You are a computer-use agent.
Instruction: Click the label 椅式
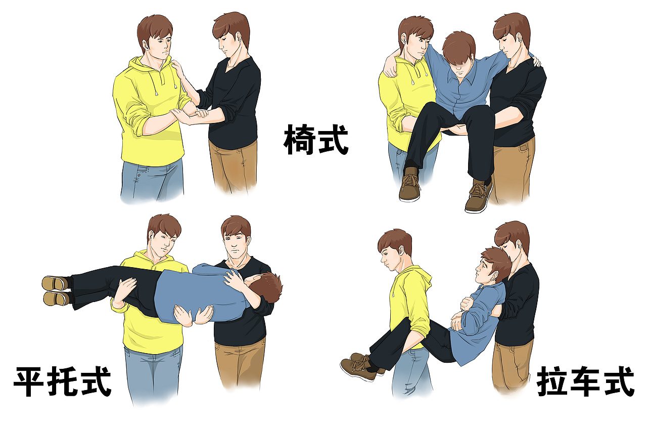click(x=316, y=140)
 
